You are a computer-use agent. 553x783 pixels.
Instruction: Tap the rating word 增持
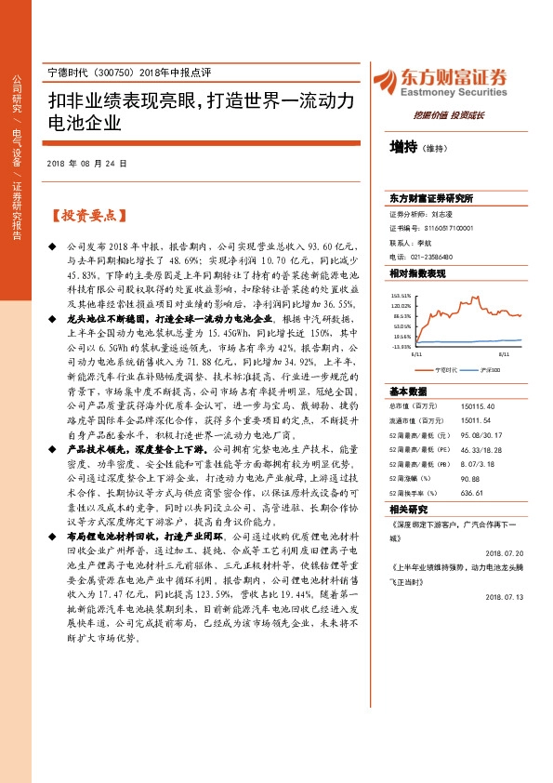403,147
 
